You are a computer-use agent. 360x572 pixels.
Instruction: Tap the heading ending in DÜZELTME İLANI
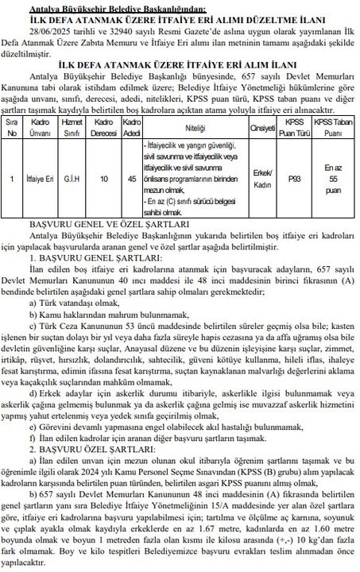click(179, 17)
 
